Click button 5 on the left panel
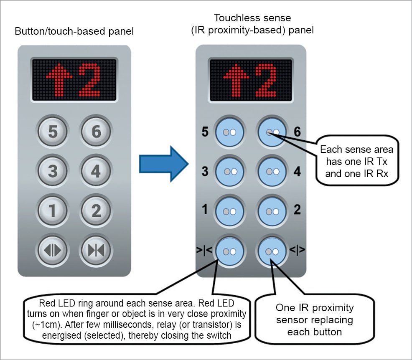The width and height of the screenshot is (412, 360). (x=53, y=132)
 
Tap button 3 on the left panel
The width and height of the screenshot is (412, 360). (x=53, y=171)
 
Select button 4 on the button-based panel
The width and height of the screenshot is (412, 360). (x=96, y=171)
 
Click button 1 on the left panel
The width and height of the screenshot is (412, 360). (x=53, y=210)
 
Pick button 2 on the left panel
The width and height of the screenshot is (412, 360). (x=96, y=210)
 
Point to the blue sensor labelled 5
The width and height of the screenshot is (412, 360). (x=229, y=132)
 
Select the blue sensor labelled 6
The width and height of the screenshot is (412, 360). (x=272, y=132)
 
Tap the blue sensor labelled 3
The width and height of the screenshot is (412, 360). (x=229, y=171)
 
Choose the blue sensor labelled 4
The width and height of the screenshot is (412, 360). (x=272, y=171)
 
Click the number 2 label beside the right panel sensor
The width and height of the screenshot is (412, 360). (x=297, y=210)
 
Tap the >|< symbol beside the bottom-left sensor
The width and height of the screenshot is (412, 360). (x=205, y=250)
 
